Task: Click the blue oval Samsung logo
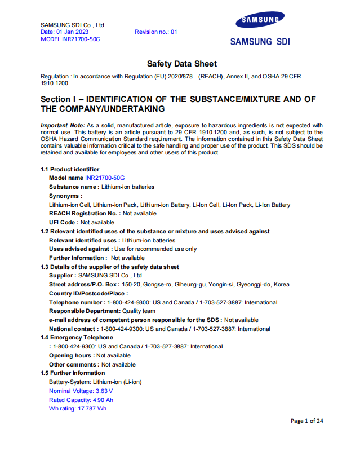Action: click(260, 21)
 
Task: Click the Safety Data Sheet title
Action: click(181, 64)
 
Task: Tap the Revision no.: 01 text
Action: click(155, 32)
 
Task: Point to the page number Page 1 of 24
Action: click(306, 421)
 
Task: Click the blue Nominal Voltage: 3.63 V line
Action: click(81, 391)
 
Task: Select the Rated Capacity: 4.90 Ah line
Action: click(81, 400)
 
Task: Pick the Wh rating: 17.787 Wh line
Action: click(77, 408)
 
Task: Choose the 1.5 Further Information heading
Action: click(73, 373)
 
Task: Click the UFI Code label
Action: click(63, 222)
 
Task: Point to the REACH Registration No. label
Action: click(85, 214)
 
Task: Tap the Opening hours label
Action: click(72, 355)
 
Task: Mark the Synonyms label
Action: click(65, 196)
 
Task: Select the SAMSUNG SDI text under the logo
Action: click(260, 42)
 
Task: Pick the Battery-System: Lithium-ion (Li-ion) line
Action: click(95, 382)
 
